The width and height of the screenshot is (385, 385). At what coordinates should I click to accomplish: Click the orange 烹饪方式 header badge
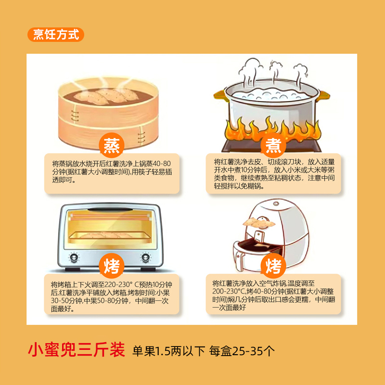[56, 35]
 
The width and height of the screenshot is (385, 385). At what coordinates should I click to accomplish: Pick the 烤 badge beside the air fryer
[273, 265]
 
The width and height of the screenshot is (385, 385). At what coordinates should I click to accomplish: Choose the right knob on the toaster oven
[145, 256]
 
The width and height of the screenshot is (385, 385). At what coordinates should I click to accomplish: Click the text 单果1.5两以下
[169, 350]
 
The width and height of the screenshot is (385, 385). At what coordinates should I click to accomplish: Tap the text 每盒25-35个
[242, 350]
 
